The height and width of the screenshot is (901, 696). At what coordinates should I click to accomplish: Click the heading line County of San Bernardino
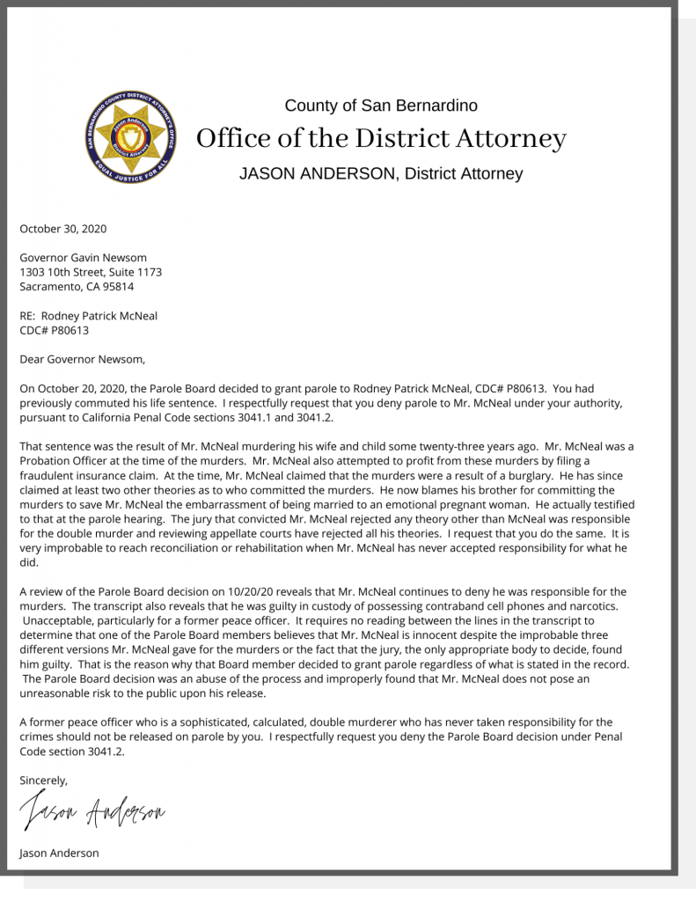[381, 106]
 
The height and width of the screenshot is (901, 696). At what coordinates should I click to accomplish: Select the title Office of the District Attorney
[381, 139]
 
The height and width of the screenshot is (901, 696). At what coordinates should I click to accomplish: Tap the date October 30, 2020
[62, 229]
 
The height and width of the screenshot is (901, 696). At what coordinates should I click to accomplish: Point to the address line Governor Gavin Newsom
[84, 258]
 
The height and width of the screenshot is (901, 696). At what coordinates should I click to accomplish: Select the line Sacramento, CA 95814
[77, 286]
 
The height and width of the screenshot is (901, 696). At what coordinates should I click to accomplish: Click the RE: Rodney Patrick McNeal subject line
[88, 316]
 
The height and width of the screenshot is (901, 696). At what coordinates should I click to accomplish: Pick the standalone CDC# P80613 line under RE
[55, 330]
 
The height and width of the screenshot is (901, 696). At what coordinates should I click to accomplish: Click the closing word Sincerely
[43, 780]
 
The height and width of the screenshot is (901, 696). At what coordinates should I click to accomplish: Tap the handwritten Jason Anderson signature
[92, 815]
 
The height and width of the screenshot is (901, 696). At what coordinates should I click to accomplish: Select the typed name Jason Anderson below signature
[59, 853]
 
